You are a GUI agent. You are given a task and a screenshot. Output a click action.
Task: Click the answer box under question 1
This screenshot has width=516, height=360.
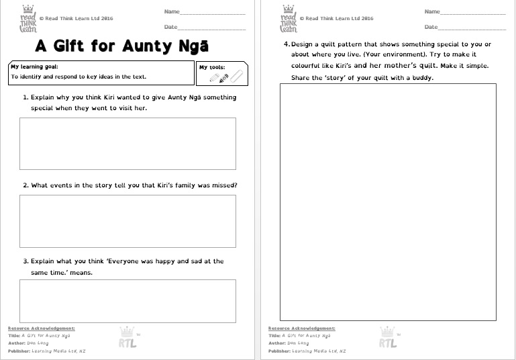coord(127,143)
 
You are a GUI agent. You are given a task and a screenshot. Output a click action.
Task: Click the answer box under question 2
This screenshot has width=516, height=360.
coord(127,221)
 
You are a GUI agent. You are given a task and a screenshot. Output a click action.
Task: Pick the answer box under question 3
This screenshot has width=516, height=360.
coord(127,301)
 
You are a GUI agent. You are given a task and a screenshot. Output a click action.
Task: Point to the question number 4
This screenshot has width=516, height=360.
coord(286,44)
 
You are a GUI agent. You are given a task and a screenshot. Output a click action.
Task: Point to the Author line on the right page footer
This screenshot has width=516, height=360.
coord(289,343)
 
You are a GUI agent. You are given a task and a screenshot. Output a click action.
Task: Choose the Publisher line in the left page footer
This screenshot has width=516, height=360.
coord(46,351)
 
